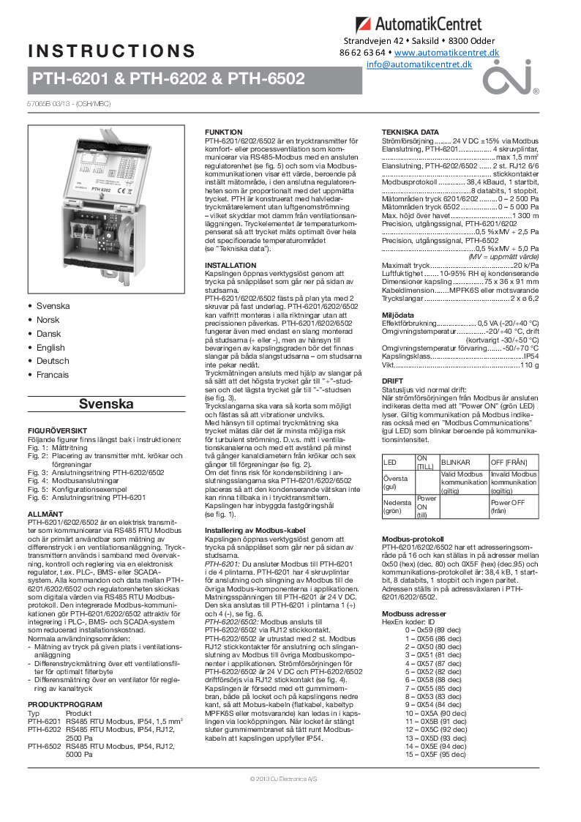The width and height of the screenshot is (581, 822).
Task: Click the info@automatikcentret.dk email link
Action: [x=419, y=64]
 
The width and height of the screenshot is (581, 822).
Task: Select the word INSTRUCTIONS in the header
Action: [x=112, y=51]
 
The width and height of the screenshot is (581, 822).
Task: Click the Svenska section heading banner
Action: [x=106, y=404]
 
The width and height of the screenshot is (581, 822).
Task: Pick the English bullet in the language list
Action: [x=50, y=348]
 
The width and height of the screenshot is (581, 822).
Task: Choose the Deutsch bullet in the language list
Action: [x=52, y=361]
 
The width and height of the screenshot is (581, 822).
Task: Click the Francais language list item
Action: [x=53, y=375]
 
